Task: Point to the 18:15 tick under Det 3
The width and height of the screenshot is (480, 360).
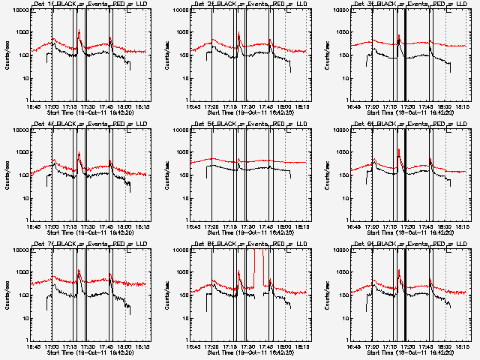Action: (463, 105)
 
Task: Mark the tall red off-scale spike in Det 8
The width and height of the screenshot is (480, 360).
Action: (262, 259)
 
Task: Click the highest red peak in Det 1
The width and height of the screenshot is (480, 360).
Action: (79, 31)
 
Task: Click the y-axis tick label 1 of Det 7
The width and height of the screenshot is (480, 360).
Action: (26, 340)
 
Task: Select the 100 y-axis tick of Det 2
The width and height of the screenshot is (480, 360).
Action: (185, 56)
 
